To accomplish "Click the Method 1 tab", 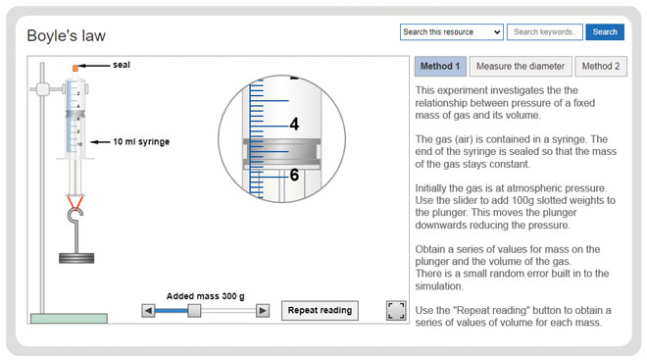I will pyautogui.click(x=440, y=67).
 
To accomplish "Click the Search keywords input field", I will pyautogui.click(x=545, y=32).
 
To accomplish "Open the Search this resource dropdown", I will pyautogui.click(x=452, y=32).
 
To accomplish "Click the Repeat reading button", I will pyautogui.click(x=319, y=311).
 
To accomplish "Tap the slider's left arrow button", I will pyautogui.click(x=148, y=311).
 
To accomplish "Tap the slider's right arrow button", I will pyautogui.click(x=263, y=311).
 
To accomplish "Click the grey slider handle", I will pyautogui.click(x=194, y=311).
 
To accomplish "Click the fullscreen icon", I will pyautogui.click(x=396, y=311).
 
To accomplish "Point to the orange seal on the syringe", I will pyautogui.click(x=75, y=67).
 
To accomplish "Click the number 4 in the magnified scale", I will pyautogui.click(x=294, y=125).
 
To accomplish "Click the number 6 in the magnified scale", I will pyautogui.click(x=294, y=176).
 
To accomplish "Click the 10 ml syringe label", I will pyautogui.click(x=141, y=142).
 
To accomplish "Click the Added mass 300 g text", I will pyautogui.click(x=205, y=295).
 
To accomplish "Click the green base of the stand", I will pyautogui.click(x=68, y=318).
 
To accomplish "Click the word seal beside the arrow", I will pyautogui.click(x=122, y=66).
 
